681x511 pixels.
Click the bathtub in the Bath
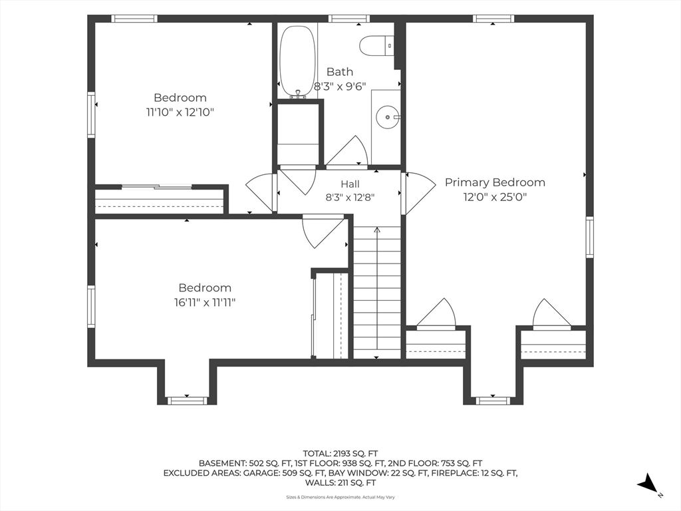[x=297, y=62]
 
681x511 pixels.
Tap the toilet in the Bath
[x=376, y=45]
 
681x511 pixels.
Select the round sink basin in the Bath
[x=385, y=117]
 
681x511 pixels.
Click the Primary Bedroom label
[x=495, y=182]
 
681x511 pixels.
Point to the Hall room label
[x=350, y=184]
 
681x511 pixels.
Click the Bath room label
[x=340, y=72]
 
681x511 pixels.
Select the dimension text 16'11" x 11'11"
[x=205, y=303]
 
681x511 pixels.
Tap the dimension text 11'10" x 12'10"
[x=180, y=112]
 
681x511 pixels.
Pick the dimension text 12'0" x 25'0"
[x=495, y=197]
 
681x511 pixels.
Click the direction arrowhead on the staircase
[x=376, y=230]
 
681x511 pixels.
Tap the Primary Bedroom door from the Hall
[x=418, y=193]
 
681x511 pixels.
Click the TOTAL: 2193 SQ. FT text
[x=340, y=454]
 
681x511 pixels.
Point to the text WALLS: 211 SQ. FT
[x=340, y=483]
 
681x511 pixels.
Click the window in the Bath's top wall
[x=348, y=18]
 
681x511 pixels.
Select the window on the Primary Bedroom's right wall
[x=589, y=238]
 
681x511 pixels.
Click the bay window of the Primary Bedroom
[x=493, y=400]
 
